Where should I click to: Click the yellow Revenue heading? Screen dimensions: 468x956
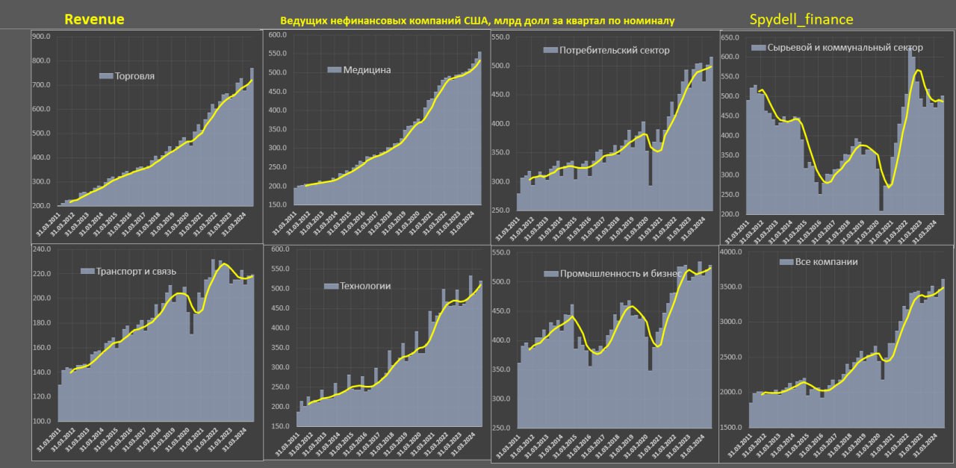tap(94, 19)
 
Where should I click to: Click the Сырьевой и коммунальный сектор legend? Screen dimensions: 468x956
tap(845, 47)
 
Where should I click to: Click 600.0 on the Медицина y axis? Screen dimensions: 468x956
tap(278, 35)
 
